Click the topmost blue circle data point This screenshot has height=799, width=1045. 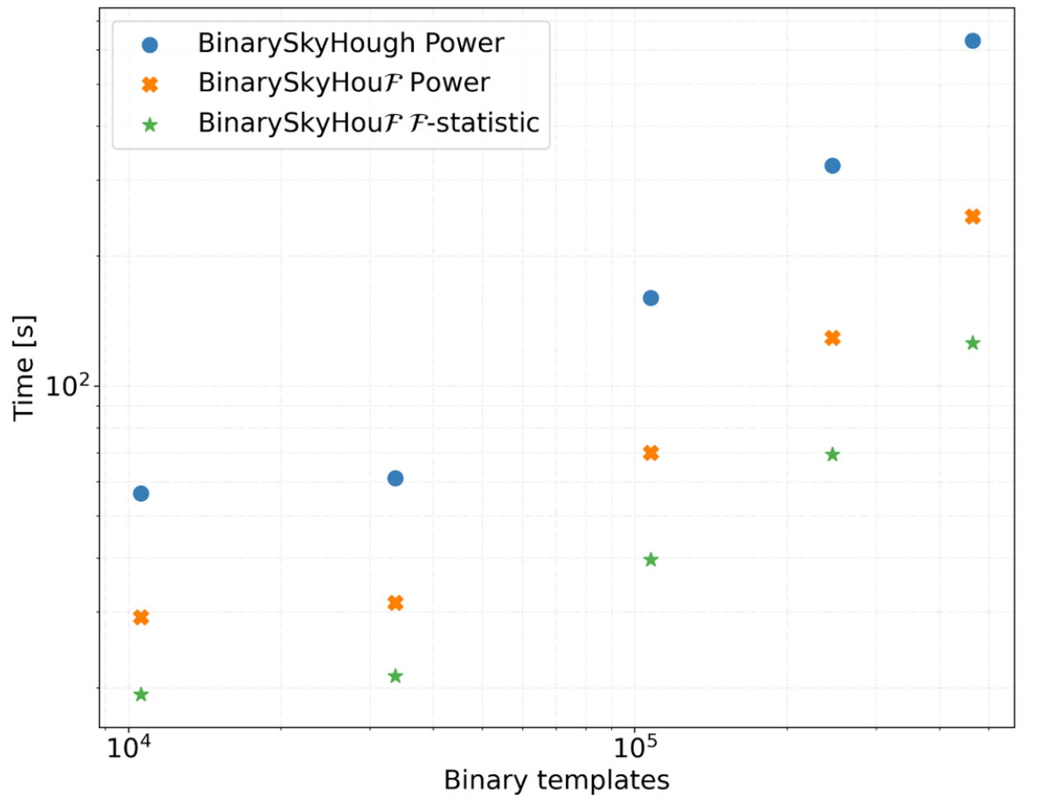(973, 41)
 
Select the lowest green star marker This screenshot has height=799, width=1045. (141, 695)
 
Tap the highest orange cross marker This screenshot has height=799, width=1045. (973, 217)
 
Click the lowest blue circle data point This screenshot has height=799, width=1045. (141, 493)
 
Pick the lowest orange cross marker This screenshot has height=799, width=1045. (141, 617)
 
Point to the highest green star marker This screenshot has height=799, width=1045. (973, 343)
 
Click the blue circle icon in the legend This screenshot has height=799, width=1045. (150, 44)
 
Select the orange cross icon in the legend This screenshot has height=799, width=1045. (150, 84)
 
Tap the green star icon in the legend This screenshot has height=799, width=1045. (150, 125)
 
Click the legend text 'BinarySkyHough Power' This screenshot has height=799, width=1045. (351, 44)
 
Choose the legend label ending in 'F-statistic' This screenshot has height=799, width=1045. (369, 122)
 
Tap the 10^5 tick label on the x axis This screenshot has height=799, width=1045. (634, 747)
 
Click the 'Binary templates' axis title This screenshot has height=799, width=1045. (556, 780)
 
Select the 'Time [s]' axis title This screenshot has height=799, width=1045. (24, 367)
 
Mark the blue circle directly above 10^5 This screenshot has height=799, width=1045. (651, 298)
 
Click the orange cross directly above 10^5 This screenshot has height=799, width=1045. (651, 453)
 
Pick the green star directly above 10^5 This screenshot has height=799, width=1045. (651, 560)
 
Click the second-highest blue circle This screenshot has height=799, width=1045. (832, 165)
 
